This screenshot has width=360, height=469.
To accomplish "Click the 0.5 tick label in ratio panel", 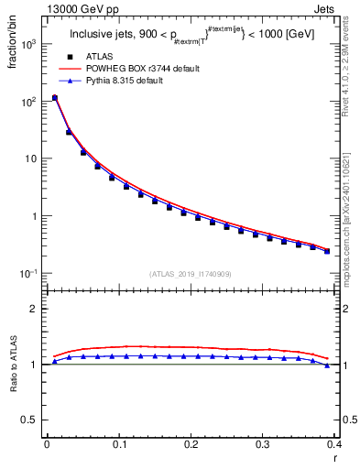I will coord(30,420).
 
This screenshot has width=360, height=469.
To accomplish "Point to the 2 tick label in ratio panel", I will coord(35,309).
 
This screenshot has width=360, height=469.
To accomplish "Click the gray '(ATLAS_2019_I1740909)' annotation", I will coord(191,273).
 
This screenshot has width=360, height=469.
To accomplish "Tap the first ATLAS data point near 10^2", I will coord(54,98).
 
